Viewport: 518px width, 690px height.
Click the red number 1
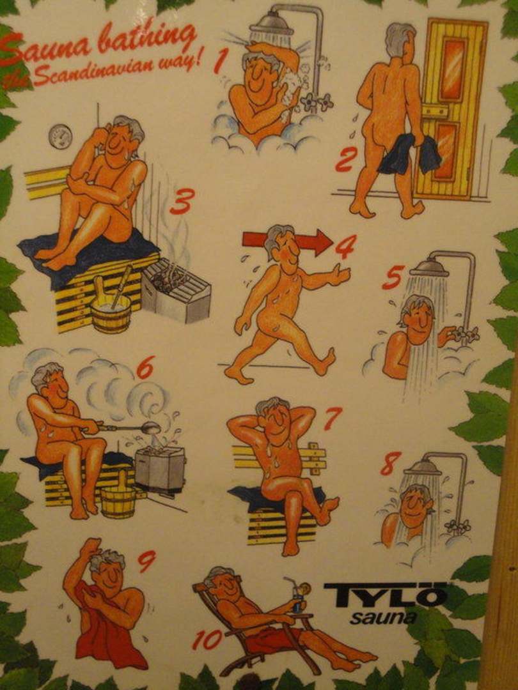(221, 61)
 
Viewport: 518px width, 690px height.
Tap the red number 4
(346, 247)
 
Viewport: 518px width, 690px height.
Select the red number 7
(333, 418)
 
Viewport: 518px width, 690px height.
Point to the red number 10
(207, 640)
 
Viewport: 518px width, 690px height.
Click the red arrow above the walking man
(287, 241)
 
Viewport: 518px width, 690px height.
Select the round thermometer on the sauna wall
(60, 137)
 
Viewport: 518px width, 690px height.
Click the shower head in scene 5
(429, 268)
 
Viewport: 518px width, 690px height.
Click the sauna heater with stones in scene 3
(177, 291)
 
